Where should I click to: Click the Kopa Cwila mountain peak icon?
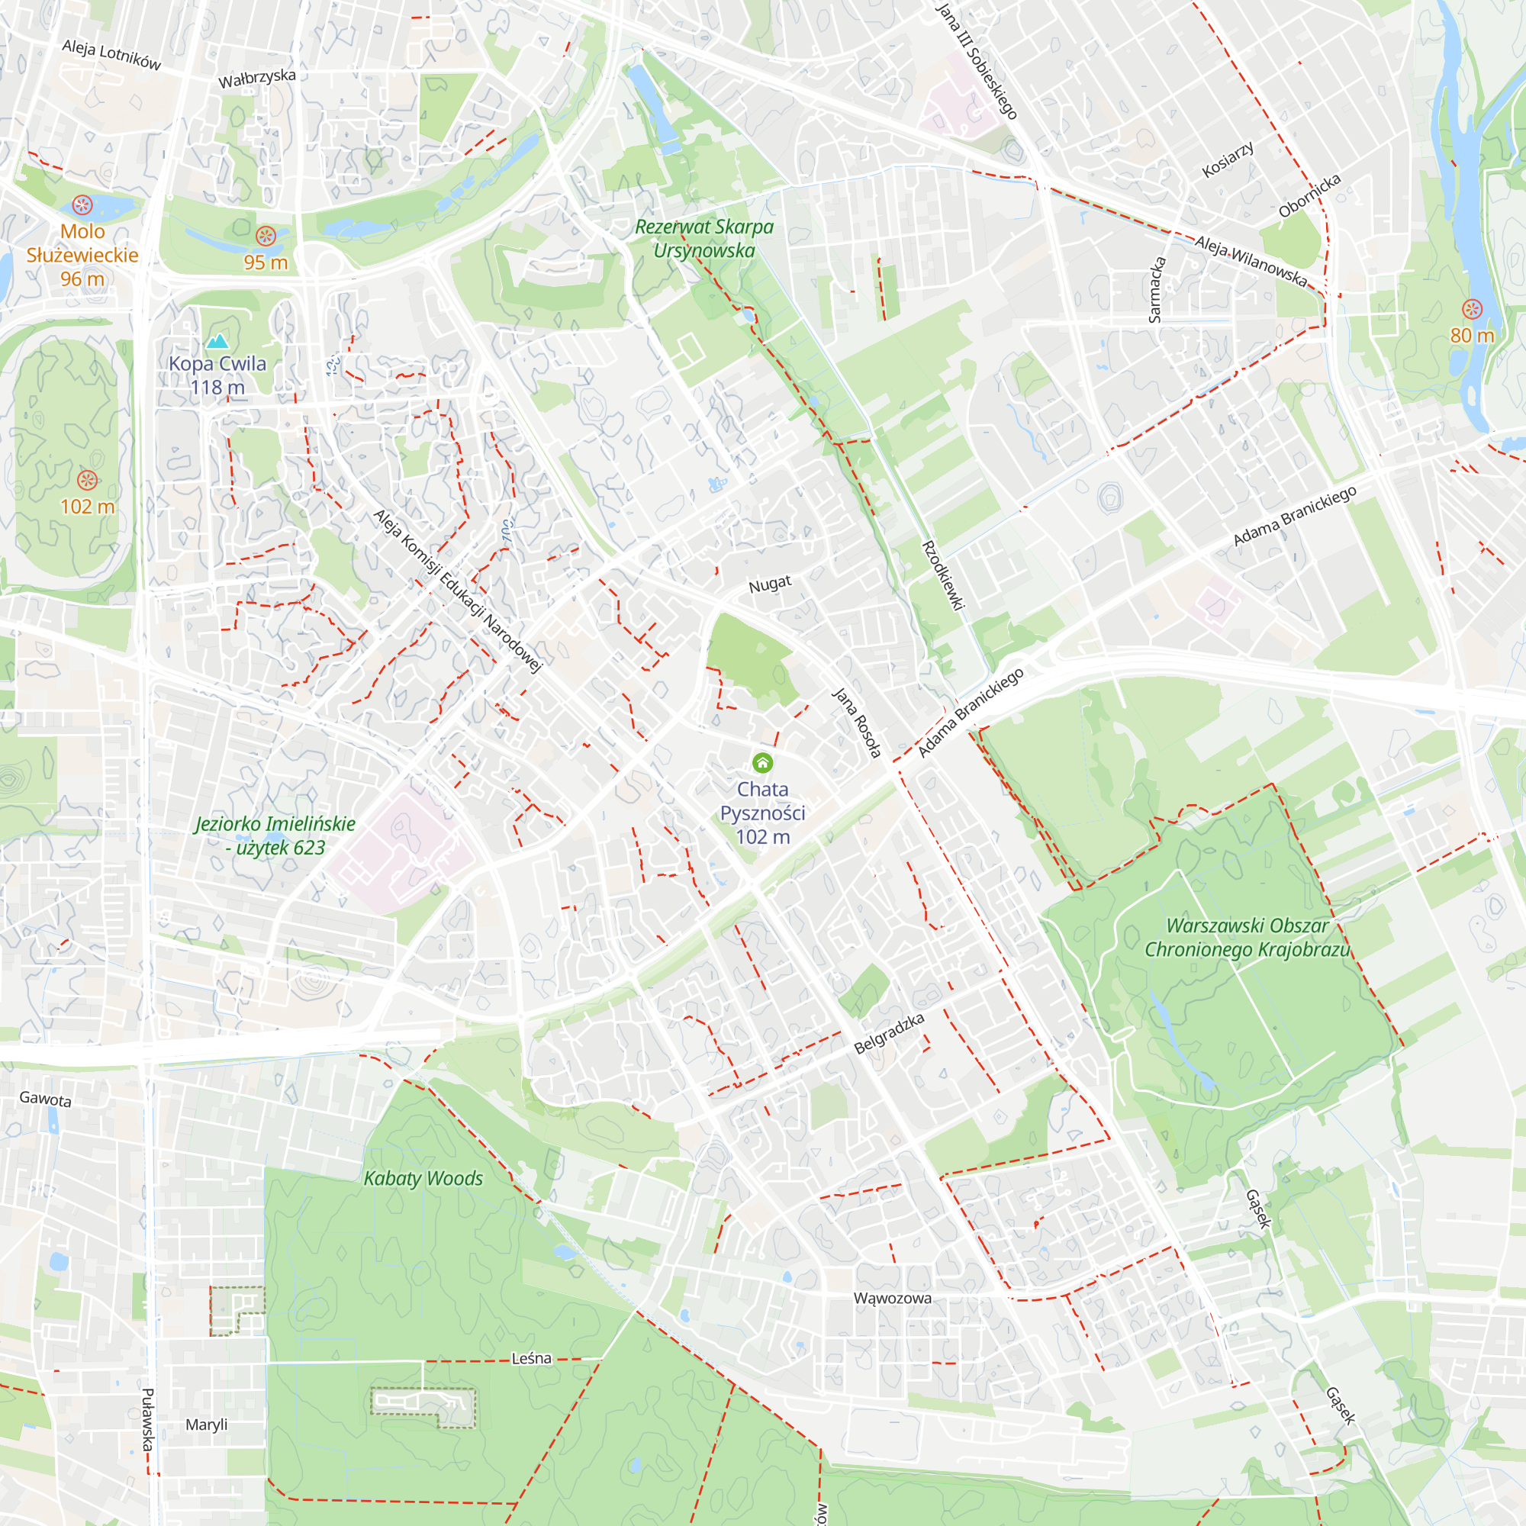217,341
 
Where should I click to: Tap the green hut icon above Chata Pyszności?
762,763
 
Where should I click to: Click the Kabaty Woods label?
423,1179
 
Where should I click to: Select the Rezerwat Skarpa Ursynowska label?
703,239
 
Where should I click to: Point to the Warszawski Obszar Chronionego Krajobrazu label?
1247,938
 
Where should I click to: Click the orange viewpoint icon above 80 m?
1472,309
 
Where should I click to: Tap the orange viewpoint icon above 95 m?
266,235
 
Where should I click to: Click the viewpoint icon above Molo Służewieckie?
82,205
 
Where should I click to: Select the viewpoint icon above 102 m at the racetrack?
87,479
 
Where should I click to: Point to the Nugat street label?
769,584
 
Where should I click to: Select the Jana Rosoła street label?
856,723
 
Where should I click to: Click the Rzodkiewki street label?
943,576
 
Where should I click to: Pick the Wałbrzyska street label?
256,78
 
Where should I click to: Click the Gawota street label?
45,1099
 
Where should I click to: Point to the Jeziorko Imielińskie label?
275,835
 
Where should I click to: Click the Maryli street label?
206,1424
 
